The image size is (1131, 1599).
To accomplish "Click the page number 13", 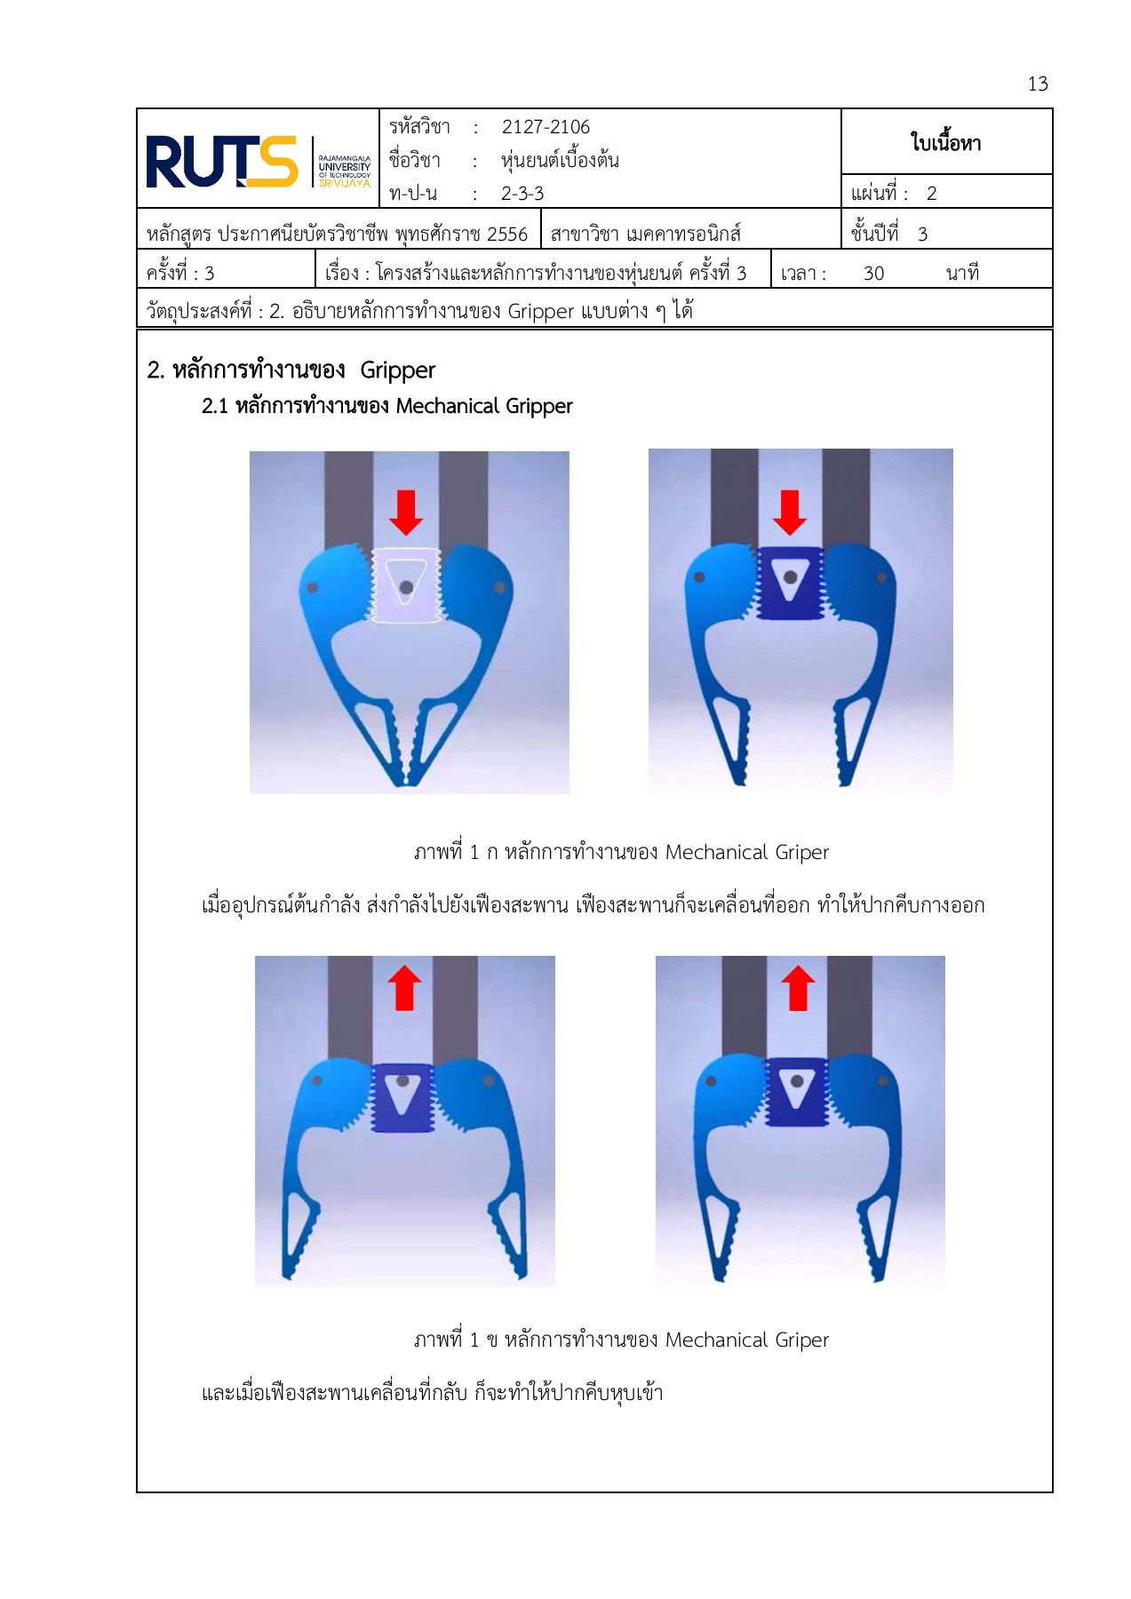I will [1037, 84].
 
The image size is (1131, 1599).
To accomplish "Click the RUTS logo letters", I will [220, 162].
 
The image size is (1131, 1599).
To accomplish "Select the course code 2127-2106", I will [545, 127].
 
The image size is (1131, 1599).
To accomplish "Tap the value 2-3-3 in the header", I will [522, 194].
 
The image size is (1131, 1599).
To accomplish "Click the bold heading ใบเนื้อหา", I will [945, 142].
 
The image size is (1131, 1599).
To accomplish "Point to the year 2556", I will [506, 235].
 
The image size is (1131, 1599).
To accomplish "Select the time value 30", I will [872, 274].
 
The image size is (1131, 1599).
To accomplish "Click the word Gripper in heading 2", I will [397, 370].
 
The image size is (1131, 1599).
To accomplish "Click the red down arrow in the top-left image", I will [406, 513].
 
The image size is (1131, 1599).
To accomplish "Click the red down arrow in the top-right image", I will [789, 513].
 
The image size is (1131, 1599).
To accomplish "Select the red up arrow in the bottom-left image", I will [404, 988].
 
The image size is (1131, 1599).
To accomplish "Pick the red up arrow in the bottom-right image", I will [797, 988].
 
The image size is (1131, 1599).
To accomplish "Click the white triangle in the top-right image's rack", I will [789, 579].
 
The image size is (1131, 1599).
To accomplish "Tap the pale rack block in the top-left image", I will [406, 586].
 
